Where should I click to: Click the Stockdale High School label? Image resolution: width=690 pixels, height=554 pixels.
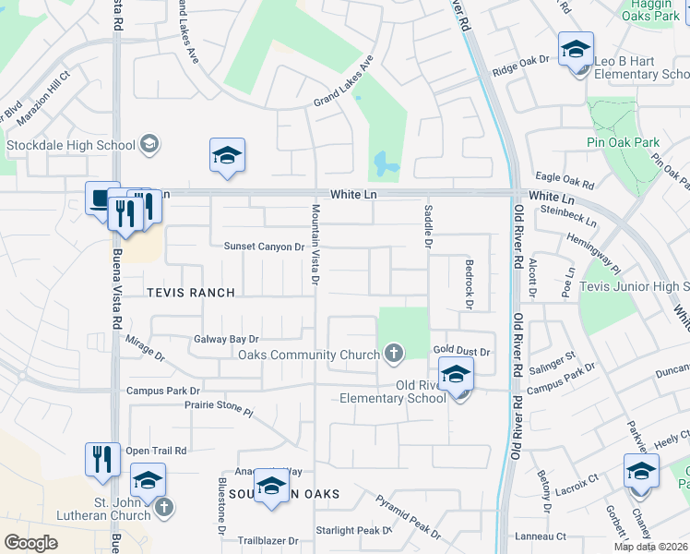click(x=71, y=145)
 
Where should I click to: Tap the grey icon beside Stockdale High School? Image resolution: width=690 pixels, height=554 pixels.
click(x=149, y=144)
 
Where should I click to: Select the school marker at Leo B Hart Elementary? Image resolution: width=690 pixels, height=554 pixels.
click(x=576, y=52)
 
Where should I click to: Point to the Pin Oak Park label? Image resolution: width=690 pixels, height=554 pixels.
click(x=623, y=142)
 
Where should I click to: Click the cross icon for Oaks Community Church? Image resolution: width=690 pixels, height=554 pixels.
click(x=394, y=354)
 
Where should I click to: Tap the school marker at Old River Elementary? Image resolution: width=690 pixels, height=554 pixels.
click(x=456, y=378)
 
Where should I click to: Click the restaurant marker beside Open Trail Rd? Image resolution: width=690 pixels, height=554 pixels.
click(x=102, y=459)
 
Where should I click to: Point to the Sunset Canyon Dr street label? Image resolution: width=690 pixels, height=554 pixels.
click(x=264, y=247)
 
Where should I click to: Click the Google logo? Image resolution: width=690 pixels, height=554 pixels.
click(x=30, y=543)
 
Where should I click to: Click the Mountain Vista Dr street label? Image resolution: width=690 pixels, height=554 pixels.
click(x=315, y=245)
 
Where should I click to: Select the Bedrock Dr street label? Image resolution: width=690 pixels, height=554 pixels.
click(x=469, y=284)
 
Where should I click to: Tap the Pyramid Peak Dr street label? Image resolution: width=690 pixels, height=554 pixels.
click(x=408, y=516)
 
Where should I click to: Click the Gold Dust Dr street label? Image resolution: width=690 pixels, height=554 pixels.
click(x=461, y=352)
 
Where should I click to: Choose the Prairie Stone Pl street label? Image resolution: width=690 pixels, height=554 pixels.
click(x=218, y=405)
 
